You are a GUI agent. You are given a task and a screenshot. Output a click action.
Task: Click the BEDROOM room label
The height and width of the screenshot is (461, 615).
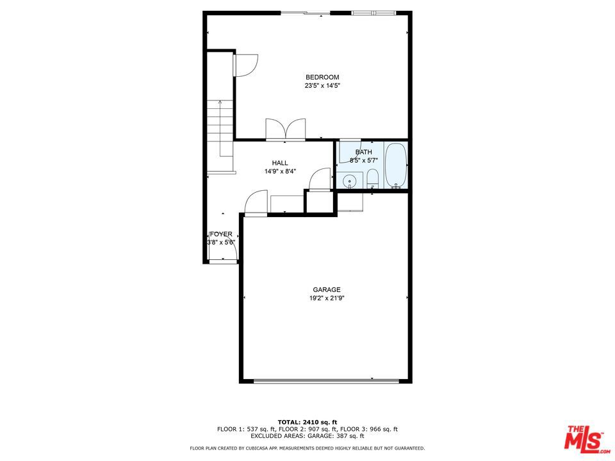point(322,77)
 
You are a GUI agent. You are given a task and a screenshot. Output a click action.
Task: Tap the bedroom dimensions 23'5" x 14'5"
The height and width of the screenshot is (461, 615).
point(322,85)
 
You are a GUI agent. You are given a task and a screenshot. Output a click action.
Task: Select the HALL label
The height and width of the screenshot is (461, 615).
point(280,163)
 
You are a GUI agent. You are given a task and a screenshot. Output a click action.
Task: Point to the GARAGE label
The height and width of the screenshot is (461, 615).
point(327,289)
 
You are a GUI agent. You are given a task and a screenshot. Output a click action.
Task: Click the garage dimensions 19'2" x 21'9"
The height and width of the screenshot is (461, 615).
point(327,298)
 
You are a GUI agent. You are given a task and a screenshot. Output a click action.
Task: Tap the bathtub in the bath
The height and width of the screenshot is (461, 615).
point(396,165)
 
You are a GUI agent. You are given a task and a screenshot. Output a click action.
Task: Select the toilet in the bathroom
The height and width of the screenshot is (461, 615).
point(372,179)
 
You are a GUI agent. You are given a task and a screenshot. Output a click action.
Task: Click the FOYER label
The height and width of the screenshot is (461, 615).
point(221,234)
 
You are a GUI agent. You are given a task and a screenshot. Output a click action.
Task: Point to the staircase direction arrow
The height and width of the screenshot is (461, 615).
point(220,128)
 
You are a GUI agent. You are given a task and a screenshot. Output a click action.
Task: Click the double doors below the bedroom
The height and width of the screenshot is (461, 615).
point(286,129)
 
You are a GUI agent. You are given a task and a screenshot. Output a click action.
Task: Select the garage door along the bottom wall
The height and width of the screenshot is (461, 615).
point(326,380)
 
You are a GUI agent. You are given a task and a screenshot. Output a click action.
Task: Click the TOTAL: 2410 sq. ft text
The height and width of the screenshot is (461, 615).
point(307,422)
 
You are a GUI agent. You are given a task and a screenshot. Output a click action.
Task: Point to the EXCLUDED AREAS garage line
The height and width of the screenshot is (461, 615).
point(307,436)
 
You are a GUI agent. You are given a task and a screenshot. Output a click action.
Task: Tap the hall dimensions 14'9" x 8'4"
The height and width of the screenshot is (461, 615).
point(280,171)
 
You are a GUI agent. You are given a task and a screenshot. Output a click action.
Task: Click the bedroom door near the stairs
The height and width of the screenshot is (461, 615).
point(245,65)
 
